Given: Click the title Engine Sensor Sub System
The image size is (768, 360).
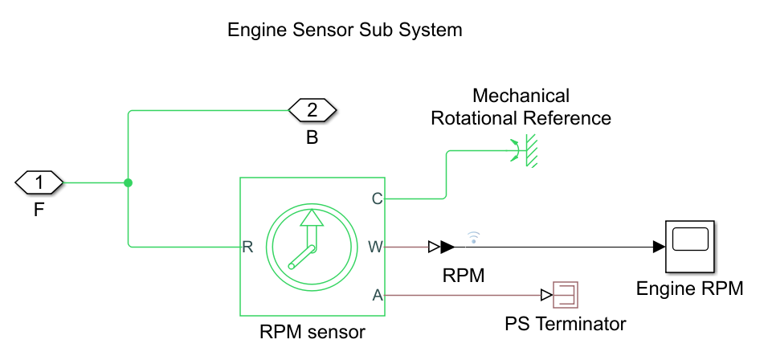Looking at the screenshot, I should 345,31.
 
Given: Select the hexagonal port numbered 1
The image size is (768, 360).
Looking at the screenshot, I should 39,183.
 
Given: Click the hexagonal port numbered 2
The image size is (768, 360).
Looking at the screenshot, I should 313,109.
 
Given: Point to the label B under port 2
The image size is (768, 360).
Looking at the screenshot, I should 312,137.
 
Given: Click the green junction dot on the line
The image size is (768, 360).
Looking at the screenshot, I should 129,183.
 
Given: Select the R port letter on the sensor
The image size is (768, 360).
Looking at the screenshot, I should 248,247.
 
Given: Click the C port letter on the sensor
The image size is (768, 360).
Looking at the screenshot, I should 376,198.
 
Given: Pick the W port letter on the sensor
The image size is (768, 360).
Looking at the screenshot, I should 375,247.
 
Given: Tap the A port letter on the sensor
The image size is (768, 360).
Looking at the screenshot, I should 377,296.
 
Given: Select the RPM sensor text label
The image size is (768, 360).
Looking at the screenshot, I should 313,330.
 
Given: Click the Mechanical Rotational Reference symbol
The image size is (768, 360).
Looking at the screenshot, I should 525,150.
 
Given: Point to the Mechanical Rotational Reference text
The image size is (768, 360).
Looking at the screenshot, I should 521,107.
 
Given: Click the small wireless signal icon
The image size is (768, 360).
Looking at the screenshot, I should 474,236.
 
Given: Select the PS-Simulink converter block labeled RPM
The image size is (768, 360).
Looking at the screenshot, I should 442,247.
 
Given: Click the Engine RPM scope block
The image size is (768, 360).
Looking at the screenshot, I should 690,246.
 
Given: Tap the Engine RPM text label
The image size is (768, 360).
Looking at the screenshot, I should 689,288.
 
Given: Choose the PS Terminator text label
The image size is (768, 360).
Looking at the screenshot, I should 565,324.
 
